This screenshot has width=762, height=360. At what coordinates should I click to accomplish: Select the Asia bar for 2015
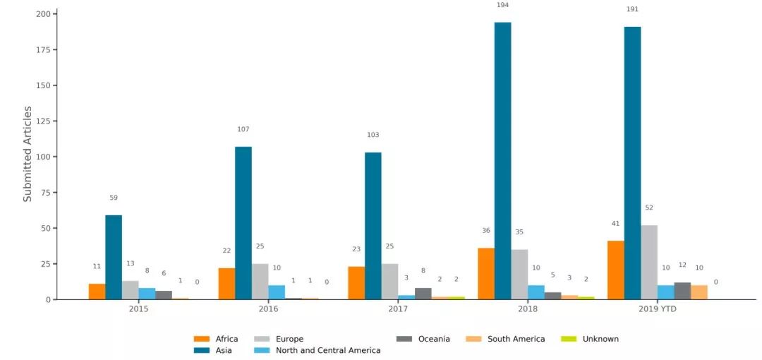(114, 257)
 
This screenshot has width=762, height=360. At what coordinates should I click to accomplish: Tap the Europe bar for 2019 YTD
(649, 262)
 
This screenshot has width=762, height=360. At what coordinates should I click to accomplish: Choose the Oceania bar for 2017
(423, 294)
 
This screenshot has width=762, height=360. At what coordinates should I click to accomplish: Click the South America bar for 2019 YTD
(699, 292)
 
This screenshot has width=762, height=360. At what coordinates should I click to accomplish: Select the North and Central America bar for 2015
(147, 294)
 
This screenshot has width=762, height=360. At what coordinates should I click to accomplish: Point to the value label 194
(502, 5)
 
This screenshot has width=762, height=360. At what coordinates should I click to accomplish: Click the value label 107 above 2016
(243, 129)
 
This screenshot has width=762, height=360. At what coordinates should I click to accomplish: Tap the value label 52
(649, 208)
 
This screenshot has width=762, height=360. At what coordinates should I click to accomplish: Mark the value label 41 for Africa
(616, 223)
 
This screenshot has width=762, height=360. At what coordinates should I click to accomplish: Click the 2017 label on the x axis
(398, 309)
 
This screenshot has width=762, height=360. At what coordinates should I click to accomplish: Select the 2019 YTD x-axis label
(658, 309)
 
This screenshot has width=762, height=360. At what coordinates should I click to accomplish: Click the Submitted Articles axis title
(28, 154)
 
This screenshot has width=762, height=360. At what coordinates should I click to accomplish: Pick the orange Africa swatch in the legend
(202, 339)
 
